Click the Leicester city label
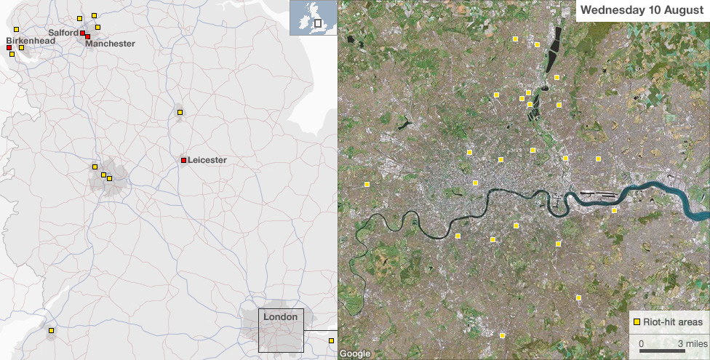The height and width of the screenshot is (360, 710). click(x=207, y=160)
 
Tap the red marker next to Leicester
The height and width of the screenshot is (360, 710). click(x=183, y=160)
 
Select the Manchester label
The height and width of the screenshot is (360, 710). click(x=110, y=44)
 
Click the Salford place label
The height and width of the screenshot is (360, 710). click(x=63, y=33)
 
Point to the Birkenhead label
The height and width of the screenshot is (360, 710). click(x=30, y=41)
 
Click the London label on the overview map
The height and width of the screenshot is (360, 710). click(x=280, y=317)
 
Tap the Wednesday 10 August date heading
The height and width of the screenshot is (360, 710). click(x=642, y=10)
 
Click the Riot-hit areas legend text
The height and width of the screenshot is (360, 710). click(x=673, y=321)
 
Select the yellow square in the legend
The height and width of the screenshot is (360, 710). click(x=637, y=321)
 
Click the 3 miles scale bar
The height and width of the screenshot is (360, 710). click(x=661, y=351)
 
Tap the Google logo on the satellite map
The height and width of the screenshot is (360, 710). click(x=355, y=354)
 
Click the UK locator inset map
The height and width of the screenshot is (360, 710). click(x=312, y=18)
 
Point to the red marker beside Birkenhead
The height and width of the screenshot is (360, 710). click(x=9, y=48)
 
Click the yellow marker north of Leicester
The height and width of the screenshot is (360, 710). click(x=180, y=112)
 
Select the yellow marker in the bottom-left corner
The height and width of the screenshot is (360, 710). click(x=51, y=331)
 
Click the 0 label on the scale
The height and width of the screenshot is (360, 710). click(x=641, y=343)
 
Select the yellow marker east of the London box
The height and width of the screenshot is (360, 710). click(x=332, y=340)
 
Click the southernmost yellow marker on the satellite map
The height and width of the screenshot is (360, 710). click(x=502, y=335)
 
